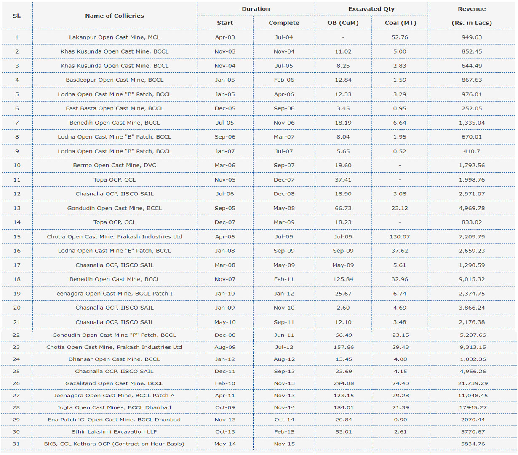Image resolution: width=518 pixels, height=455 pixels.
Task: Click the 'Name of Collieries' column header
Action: pyautogui.click(x=115, y=16)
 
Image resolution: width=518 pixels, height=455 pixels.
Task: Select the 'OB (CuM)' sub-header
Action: pyautogui.click(x=343, y=23)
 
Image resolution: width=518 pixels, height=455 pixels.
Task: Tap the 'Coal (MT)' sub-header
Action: pyautogui.click(x=401, y=23)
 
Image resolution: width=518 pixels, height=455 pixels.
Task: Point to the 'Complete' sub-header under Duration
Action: pyautogui.click(x=284, y=23)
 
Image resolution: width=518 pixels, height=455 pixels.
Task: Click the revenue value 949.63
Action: pyautogui.click(x=472, y=37)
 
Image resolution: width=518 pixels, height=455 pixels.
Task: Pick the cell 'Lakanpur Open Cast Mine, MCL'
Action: pyautogui.click(x=115, y=37)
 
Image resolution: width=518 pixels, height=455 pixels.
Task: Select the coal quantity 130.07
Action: pyautogui.click(x=400, y=237)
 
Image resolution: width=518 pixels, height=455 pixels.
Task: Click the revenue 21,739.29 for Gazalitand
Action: pyautogui.click(x=473, y=383)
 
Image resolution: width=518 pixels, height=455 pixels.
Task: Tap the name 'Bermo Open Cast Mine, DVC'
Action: pyautogui.click(x=115, y=166)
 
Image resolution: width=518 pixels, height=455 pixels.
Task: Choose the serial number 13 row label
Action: pyautogui.click(x=17, y=208)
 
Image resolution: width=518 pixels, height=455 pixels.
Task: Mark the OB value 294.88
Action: pyautogui.click(x=343, y=383)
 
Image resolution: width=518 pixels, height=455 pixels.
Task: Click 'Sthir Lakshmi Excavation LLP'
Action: pyautogui.click(x=114, y=431)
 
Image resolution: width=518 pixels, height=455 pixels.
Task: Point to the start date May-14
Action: pyautogui.click(x=225, y=444)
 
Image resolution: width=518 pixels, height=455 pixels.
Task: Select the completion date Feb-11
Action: pyautogui.click(x=284, y=279)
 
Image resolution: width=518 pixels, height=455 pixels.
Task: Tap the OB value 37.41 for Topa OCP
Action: pyautogui.click(x=343, y=180)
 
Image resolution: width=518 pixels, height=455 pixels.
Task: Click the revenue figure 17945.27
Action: pyautogui.click(x=473, y=407)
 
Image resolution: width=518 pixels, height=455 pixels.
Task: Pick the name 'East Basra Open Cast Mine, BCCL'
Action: pyautogui.click(x=115, y=108)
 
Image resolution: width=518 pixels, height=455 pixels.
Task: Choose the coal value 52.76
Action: pyautogui.click(x=400, y=37)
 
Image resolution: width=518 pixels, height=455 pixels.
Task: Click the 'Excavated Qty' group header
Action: pyautogui.click(x=371, y=9)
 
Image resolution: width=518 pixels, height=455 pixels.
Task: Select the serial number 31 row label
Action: pyautogui.click(x=16, y=444)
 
